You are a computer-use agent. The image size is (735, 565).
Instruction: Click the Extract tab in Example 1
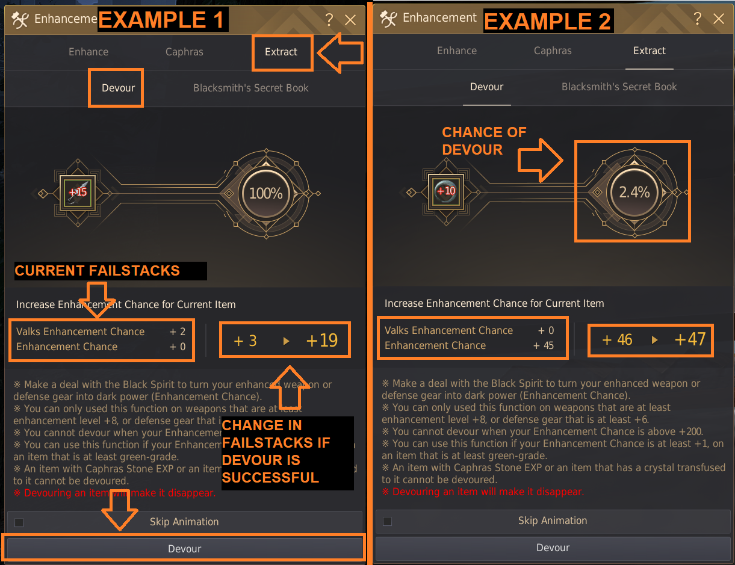281,52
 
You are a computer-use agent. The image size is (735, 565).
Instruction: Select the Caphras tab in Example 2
553,51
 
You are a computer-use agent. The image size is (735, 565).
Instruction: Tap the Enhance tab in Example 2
457,51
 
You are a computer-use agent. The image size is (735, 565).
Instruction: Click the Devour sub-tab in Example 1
118,88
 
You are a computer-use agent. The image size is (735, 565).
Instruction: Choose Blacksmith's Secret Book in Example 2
619,87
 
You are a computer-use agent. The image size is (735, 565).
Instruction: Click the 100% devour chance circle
265,193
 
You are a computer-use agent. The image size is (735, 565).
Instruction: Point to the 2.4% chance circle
634,192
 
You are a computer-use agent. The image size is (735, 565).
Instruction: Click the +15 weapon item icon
78,193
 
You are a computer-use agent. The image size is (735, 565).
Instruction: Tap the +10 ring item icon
446,191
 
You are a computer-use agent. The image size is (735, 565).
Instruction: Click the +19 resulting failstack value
321,341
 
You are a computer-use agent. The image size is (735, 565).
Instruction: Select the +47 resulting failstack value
690,339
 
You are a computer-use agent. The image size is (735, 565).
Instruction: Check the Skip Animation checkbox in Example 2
387,521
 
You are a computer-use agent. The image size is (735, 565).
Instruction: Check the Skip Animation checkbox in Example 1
19,522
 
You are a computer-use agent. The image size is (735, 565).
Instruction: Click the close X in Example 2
718,19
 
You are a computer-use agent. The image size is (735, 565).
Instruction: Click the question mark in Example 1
329,20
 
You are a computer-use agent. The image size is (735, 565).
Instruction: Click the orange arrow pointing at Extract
340,53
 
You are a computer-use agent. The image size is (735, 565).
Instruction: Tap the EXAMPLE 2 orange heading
548,21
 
